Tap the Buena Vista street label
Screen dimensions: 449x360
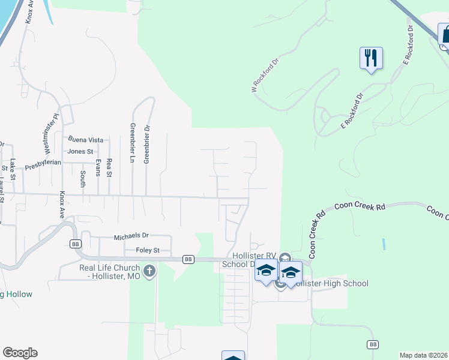pyautogui.click(x=86, y=140)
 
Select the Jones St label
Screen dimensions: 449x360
pyautogui.click(x=80, y=152)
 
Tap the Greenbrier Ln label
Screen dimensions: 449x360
pyautogui.click(x=132, y=143)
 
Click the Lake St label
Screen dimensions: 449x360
pyautogui.click(x=13, y=166)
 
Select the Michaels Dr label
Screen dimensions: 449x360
pyautogui.click(x=131, y=238)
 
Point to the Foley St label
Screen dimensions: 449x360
pyautogui.click(x=148, y=250)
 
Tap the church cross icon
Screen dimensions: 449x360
pyautogui.click(x=149, y=272)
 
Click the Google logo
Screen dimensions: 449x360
pyautogui.click(x=20, y=353)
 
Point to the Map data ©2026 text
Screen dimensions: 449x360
pyautogui.click(x=423, y=355)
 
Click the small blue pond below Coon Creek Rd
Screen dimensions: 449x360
pyautogui.click(x=383, y=244)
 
